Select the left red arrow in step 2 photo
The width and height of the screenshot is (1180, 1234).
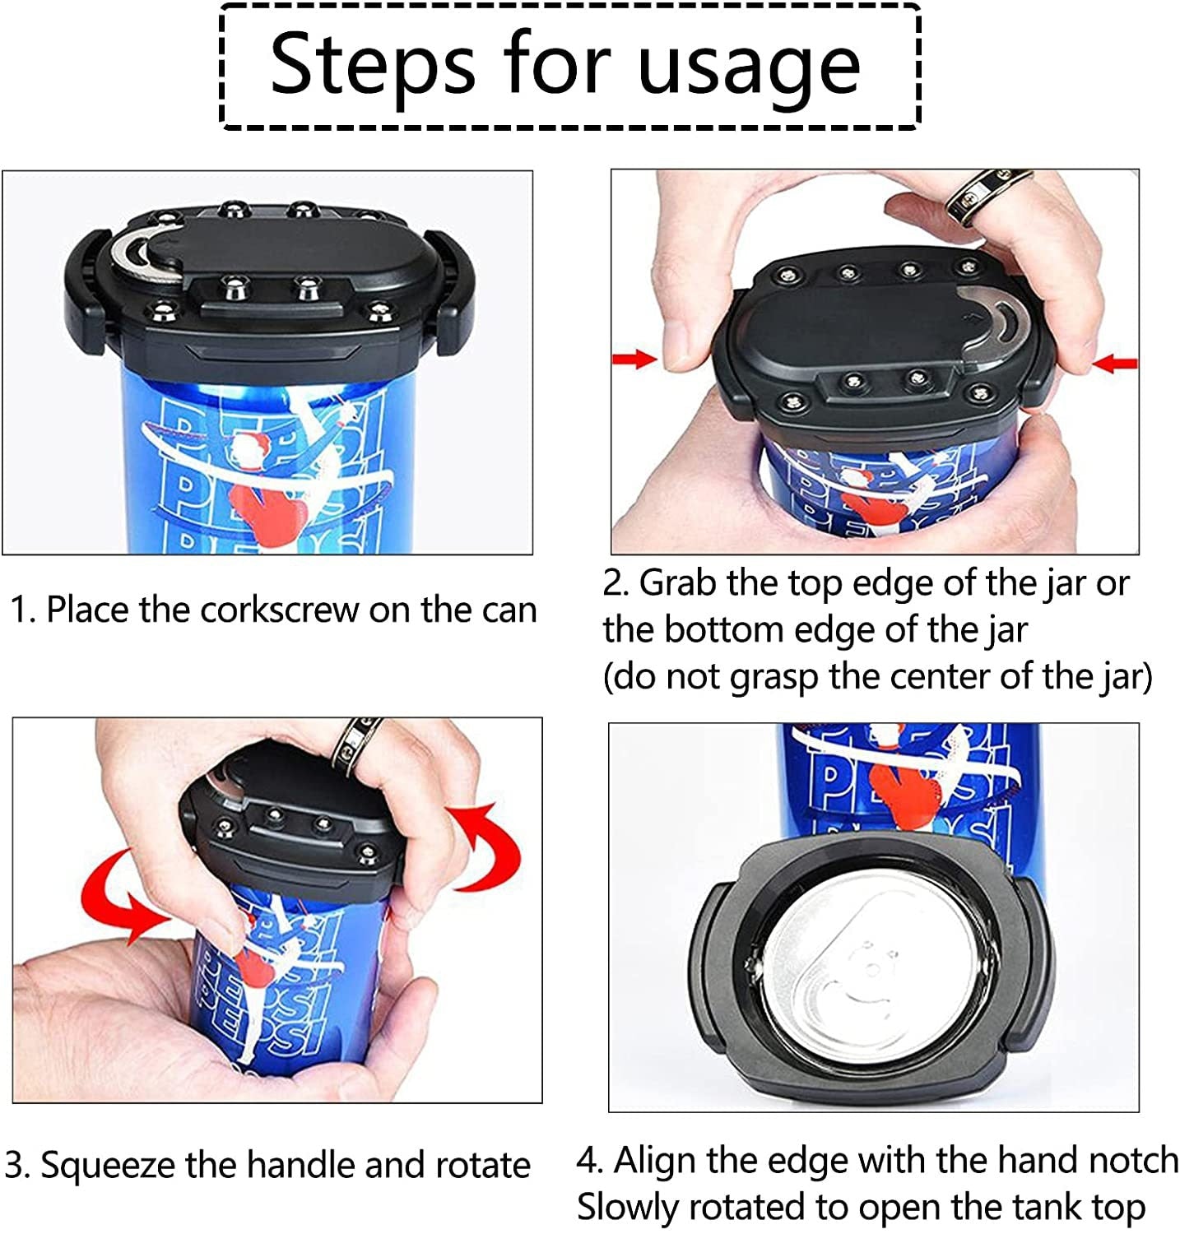coord(635,359)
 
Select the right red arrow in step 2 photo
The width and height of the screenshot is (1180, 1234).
coord(1116,362)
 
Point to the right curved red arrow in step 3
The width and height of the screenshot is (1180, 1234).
coord(485,847)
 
